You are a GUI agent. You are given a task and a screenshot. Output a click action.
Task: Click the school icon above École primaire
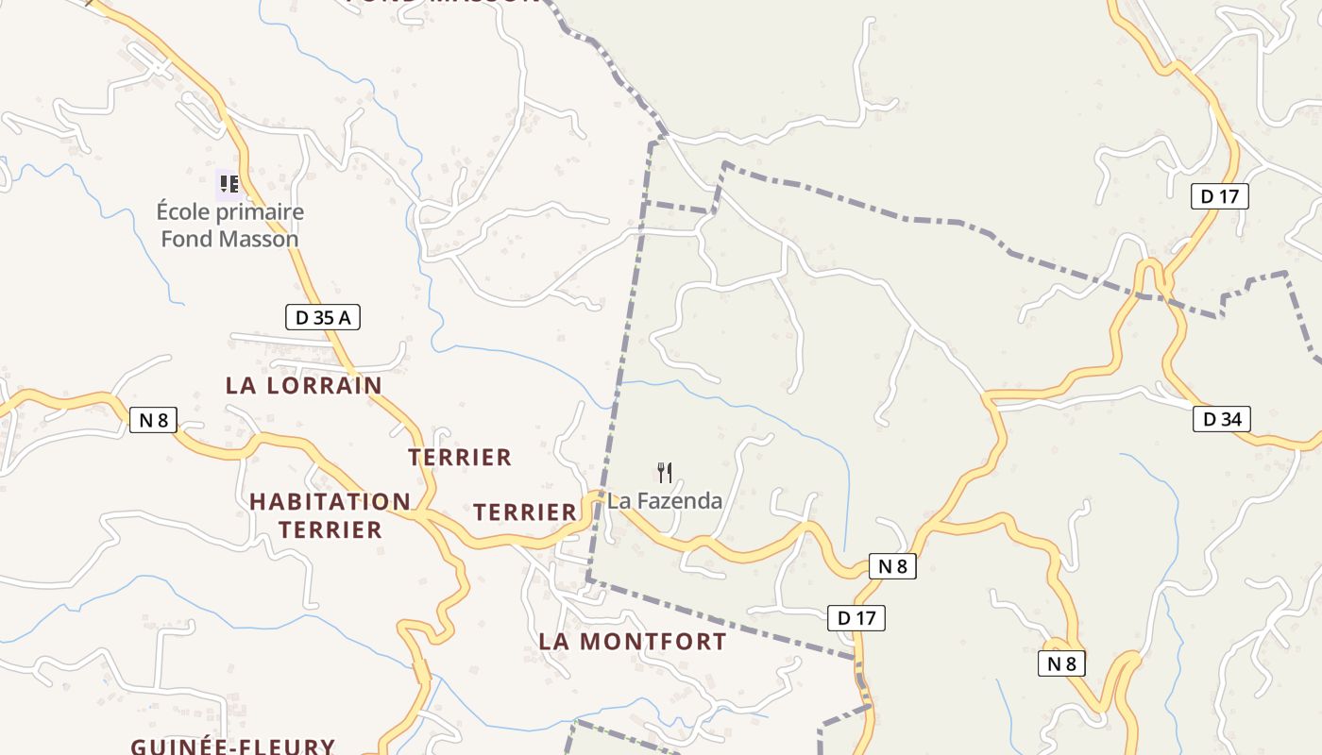tap(229, 183)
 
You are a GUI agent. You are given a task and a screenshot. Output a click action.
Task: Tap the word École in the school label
tap(186, 211)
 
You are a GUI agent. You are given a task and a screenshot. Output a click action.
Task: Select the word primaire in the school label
tap(262, 211)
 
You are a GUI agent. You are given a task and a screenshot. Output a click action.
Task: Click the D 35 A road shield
tap(323, 318)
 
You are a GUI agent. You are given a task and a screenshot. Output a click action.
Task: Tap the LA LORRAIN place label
tap(303, 385)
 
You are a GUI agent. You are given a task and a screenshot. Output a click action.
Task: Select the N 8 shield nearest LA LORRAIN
tap(153, 420)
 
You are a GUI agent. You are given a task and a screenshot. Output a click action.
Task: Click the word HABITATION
tap(330, 502)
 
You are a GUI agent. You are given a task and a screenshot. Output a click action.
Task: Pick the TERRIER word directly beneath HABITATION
tap(330, 529)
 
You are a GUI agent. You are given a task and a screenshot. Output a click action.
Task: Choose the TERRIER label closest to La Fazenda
tap(524, 512)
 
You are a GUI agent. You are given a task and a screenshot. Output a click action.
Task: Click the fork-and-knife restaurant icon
tap(665, 472)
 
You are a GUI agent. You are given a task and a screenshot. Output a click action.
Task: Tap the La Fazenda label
tap(665, 501)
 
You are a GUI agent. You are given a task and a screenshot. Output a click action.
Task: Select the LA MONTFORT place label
tap(632, 642)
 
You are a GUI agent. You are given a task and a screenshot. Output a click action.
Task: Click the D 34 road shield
tap(1222, 419)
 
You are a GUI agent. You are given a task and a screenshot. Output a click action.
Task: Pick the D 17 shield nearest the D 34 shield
tap(1219, 196)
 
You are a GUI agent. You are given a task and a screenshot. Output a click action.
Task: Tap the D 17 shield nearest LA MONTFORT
tap(856, 618)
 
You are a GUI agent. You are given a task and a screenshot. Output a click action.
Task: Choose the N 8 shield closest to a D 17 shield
tap(891, 566)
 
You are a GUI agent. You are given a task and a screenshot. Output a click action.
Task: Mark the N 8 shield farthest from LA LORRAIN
tap(1061, 663)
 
